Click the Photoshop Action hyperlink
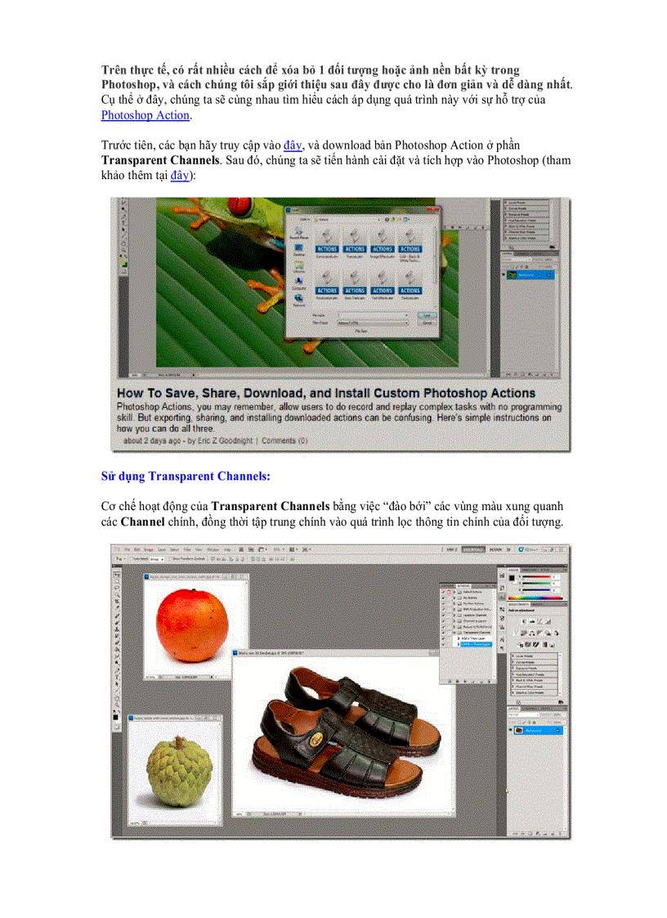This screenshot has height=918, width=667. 145,115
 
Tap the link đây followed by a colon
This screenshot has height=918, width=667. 180,176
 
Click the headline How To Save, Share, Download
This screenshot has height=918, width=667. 326,393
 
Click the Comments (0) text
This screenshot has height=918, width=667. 284,441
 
